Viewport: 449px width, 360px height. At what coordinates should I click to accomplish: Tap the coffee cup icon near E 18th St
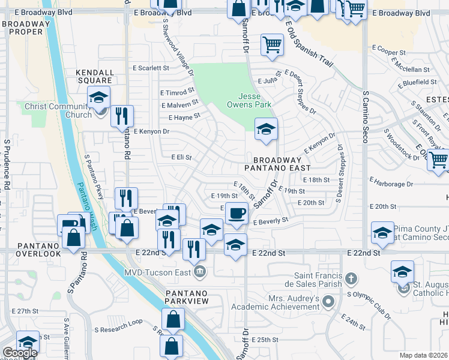[x=237, y=213]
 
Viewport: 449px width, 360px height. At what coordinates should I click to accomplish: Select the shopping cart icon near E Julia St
[x=272, y=44]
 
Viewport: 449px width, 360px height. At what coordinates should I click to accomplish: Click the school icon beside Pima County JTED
[x=382, y=233]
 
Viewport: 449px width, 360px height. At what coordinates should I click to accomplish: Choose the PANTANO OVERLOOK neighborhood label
[x=30, y=250]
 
